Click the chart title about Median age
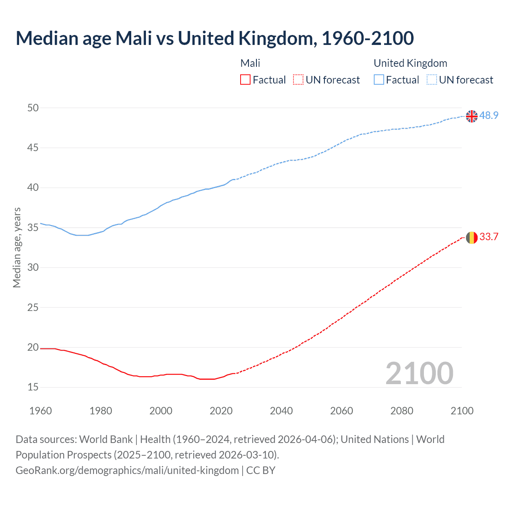(x=215, y=38)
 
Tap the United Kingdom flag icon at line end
(x=472, y=116)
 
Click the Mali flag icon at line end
(x=472, y=237)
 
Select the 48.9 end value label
(x=489, y=115)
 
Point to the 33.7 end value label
(x=489, y=237)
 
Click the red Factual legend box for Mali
(x=245, y=80)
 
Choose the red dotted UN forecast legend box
(x=298, y=80)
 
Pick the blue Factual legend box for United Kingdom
(x=379, y=80)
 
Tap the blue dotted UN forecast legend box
(x=432, y=80)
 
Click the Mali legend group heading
(x=250, y=63)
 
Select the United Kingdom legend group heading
(x=410, y=63)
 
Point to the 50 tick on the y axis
(x=33, y=108)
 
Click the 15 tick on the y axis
(x=33, y=387)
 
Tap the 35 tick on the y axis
(x=33, y=227)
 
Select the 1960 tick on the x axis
(x=41, y=411)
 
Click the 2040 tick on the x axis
(x=281, y=411)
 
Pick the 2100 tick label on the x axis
(x=462, y=411)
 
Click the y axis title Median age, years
(x=17, y=247)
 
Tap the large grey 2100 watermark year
(x=419, y=373)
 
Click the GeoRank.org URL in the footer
(x=127, y=470)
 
